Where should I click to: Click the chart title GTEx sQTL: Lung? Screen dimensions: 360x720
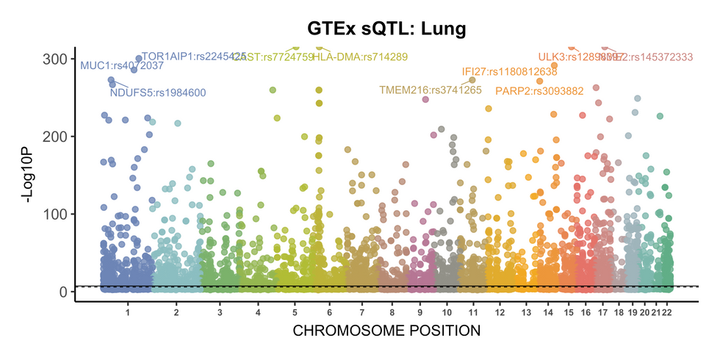click(386, 28)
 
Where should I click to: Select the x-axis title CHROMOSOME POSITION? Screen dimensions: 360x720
click(386, 331)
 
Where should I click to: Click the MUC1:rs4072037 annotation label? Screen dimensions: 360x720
click(122, 65)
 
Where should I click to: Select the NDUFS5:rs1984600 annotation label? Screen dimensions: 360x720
click(158, 93)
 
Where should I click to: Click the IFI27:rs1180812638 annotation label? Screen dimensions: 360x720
click(510, 72)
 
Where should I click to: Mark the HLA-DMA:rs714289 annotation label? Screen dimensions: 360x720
click(360, 57)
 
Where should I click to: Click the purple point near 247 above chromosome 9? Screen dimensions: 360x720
click(425, 99)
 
